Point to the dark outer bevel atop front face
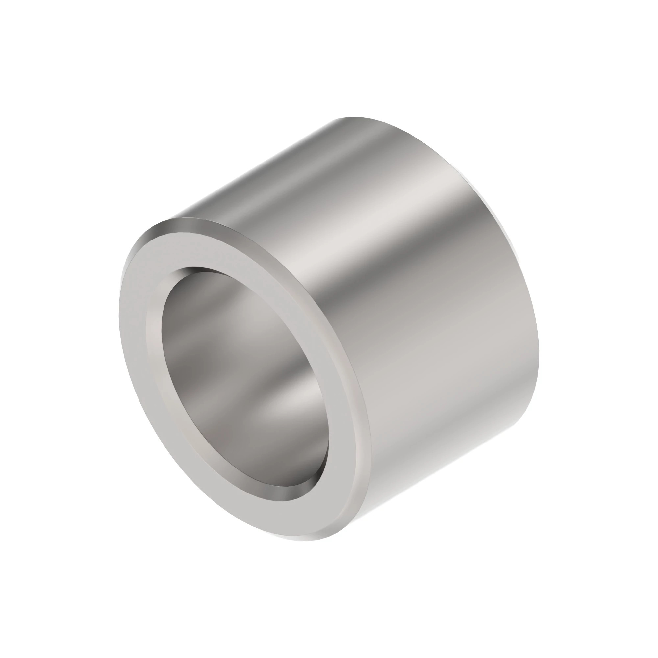(191, 223)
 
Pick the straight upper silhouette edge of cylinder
(255, 167)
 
